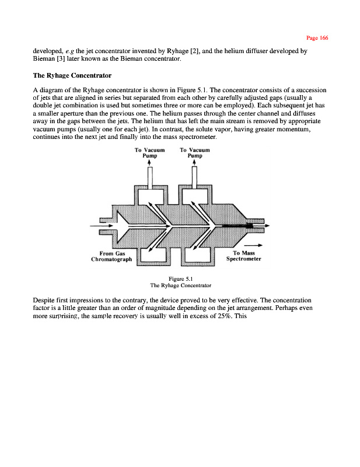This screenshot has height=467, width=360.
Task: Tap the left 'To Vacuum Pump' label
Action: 150,153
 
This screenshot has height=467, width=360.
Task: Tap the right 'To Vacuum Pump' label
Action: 195,153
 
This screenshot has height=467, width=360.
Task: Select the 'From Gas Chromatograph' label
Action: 113,256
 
